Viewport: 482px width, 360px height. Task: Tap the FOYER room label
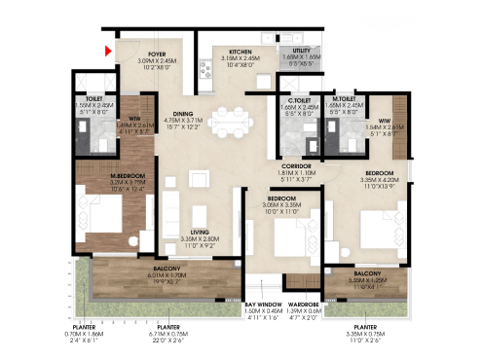click(x=156, y=54)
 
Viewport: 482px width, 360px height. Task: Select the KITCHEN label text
click(x=241, y=51)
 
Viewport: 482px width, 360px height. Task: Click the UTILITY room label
click(x=294, y=51)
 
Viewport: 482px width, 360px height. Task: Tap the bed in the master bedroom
click(x=99, y=220)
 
